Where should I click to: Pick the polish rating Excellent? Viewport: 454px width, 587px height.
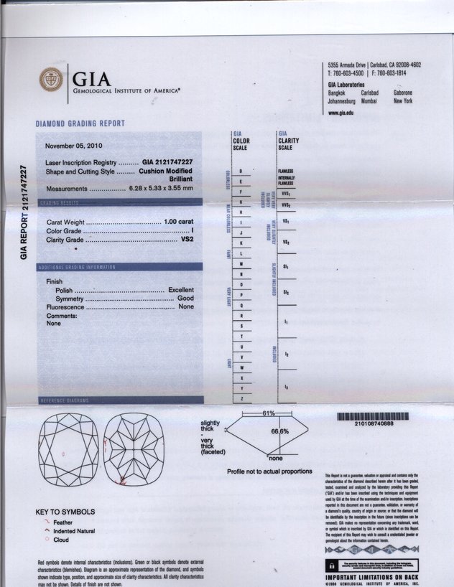point(181,290)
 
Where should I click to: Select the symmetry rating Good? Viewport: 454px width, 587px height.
point(186,299)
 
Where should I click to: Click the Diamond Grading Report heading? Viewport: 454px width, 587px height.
point(80,124)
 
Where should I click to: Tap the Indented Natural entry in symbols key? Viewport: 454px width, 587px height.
point(75,532)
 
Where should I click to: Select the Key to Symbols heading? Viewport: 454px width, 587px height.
point(65,512)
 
